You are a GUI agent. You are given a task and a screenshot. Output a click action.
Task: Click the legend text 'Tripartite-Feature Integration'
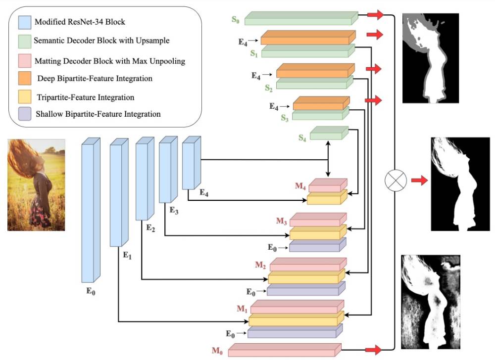[x=85, y=97]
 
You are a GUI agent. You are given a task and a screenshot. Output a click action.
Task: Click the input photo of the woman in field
[x=36, y=184]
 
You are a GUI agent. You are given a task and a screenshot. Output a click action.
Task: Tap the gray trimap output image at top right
[x=430, y=58]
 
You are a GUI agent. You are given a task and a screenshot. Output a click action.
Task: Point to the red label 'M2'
[x=261, y=265]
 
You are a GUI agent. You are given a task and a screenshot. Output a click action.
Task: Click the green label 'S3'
[x=285, y=118]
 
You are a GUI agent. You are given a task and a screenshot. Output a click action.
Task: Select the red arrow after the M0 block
[x=374, y=350]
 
